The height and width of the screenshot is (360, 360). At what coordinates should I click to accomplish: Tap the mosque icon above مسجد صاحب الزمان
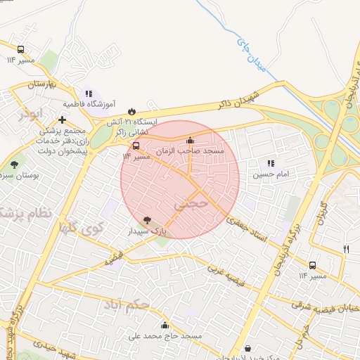click(x=189, y=140)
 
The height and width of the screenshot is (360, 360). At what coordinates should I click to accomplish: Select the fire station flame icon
click(x=132, y=111)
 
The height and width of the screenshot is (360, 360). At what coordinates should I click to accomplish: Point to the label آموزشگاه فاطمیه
click(x=89, y=104)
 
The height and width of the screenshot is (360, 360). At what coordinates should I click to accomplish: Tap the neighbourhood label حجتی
click(x=190, y=205)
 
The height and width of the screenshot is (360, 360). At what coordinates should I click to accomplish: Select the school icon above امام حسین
click(x=271, y=164)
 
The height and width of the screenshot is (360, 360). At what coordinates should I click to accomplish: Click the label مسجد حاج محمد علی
click(x=165, y=336)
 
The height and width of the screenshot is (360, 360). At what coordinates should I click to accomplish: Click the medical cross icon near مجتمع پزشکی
click(x=63, y=120)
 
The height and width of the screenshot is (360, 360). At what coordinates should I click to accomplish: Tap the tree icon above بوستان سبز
click(x=15, y=165)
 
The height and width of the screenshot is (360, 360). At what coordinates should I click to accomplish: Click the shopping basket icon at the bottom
click(x=247, y=349)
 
